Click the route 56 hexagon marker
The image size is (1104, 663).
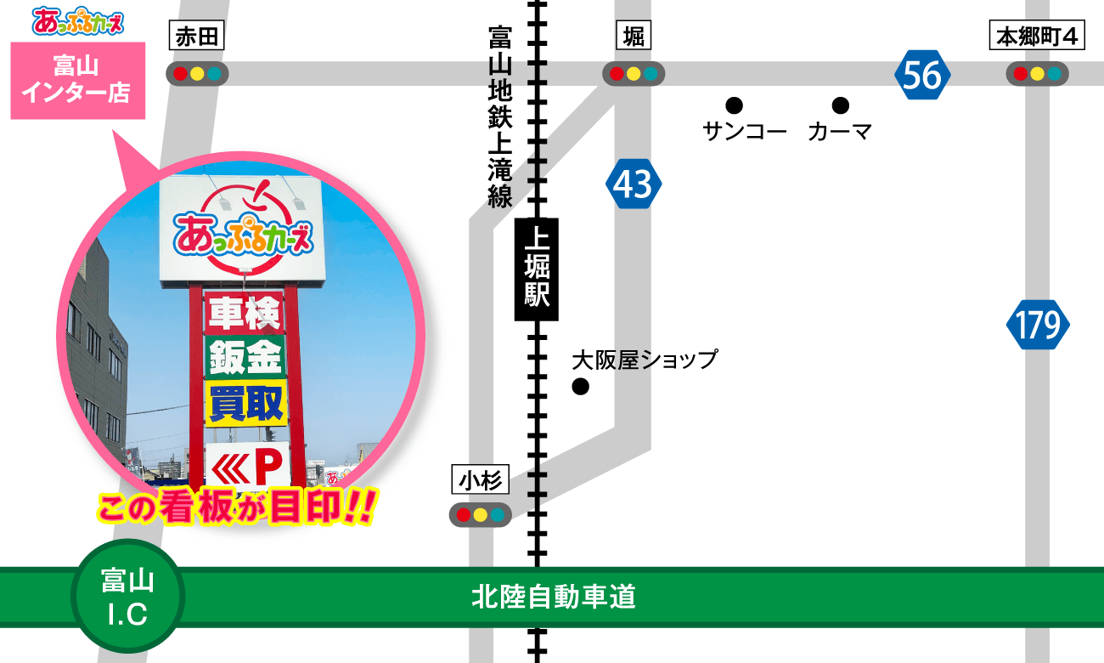pos(922,76)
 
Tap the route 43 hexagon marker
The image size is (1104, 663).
pos(634,184)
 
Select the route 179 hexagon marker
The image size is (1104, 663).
pos(1038,325)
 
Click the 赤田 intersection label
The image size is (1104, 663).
pos(197,37)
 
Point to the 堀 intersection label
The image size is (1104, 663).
pos(634,37)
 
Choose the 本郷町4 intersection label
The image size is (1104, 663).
pos(1037,37)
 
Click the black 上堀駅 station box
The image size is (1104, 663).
pos(537,269)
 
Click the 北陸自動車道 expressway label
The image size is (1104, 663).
pos(554,598)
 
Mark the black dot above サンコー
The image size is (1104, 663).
pos(735,105)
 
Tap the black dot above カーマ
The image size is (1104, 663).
pos(840,105)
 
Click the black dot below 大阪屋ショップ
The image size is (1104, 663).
pos(581,388)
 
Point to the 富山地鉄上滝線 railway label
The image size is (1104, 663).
pos(500,117)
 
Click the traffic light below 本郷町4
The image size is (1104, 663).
pos(1037,74)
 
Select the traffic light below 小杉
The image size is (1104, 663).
pos(480,514)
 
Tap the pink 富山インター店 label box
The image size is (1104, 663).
pos(78,80)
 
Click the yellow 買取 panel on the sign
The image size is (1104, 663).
pos(245,404)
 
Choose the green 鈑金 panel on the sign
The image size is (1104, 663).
pos(245,358)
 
